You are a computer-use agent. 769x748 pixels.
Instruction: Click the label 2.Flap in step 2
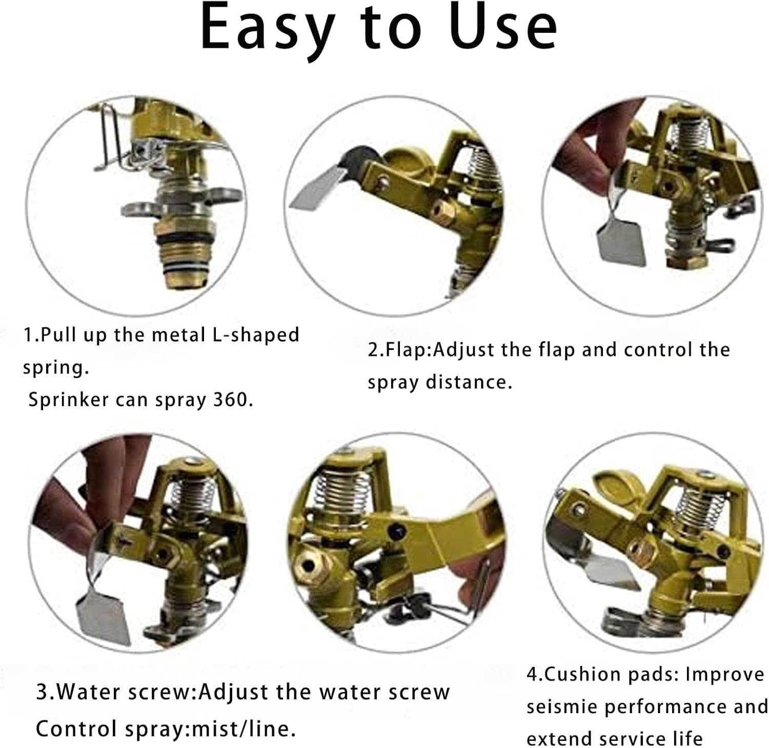pos(400,350)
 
